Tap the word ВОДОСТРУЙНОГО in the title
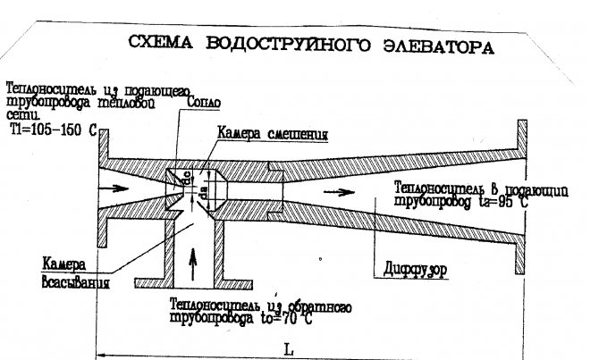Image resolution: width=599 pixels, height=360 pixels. (294, 46)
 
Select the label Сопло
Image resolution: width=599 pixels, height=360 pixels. (203, 104)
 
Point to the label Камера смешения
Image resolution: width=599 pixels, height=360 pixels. (271, 134)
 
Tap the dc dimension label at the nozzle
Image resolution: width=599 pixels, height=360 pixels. (187, 178)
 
